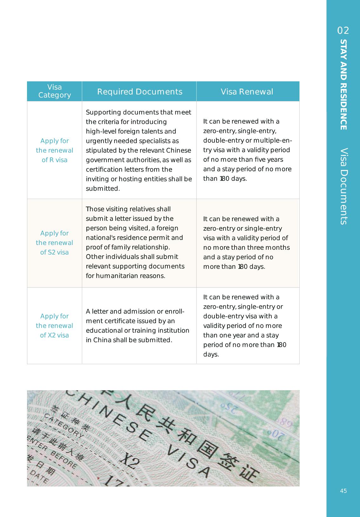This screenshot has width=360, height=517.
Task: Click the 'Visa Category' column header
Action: (54, 91)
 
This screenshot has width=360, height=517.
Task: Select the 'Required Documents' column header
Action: (139, 92)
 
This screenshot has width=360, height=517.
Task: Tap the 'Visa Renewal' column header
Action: (247, 92)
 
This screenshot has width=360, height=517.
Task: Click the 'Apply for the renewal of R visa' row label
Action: (54, 150)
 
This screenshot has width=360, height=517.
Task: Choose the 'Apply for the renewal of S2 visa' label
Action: (54, 243)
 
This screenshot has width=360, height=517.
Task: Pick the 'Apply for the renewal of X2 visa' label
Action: (54, 326)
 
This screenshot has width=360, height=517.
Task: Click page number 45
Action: (343, 491)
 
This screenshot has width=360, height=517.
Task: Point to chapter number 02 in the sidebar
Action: (343, 31)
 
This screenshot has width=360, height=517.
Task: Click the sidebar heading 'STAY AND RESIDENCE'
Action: (343, 85)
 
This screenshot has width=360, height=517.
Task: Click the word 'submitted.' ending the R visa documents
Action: (103, 188)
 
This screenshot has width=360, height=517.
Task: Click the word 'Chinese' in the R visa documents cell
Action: (179, 150)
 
